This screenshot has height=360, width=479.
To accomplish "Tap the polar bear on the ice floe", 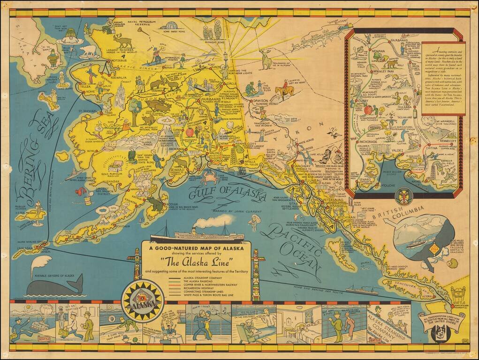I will coord(87,50).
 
